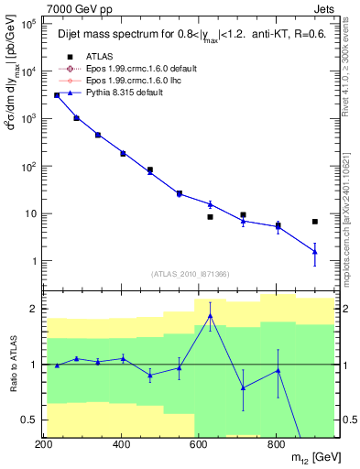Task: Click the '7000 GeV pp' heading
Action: click(78, 8)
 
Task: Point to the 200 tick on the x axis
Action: click(44, 445)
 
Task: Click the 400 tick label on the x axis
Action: click(121, 445)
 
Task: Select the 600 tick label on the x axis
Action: click(198, 445)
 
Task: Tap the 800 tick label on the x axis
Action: click(275, 445)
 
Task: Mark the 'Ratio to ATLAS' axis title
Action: click(11, 364)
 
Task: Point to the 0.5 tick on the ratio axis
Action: click(30, 420)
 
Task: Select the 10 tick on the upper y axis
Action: click(27, 213)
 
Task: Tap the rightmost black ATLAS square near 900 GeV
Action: click(315, 222)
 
